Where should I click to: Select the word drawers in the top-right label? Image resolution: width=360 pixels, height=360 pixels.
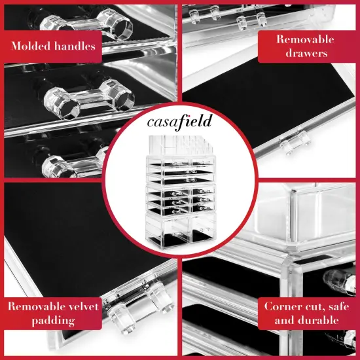coord(306,53)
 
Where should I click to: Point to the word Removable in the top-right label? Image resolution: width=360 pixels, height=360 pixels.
coord(306,39)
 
